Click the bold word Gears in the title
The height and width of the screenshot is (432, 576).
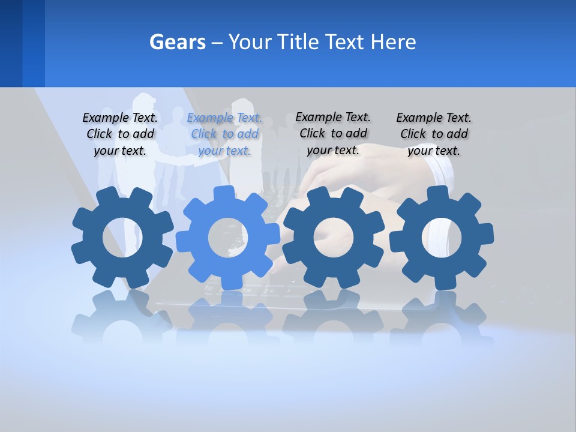click(x=177, y=42)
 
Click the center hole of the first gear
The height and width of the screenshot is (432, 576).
click(x=122, y=238)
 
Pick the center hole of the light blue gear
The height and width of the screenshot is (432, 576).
click(x=228, y=238)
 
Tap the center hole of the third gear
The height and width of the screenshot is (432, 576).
click(x=333, y=238)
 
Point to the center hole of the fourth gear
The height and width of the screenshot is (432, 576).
click(x=442, y=238)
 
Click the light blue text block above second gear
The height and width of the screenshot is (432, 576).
click(x=224, y=134)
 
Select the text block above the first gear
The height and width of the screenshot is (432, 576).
click(x=120, y=134)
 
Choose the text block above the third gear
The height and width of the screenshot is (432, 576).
click(x=333, y=134)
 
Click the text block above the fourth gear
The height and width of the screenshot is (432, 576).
click(x=434, y=134)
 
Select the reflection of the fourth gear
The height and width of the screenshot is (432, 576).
click(x=442, y=318)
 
